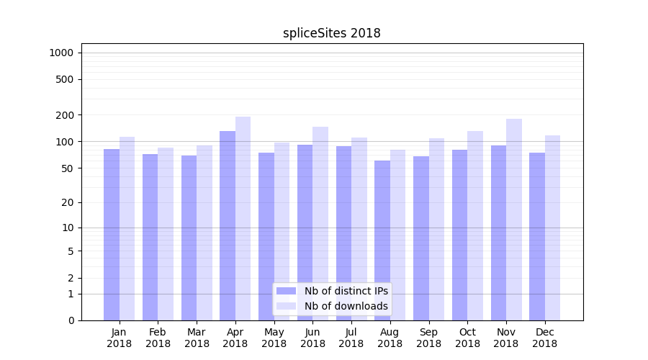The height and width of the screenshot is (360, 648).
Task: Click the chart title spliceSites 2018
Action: click(x=331, y=33)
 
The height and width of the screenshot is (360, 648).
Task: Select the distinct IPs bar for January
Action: click(x=112, y=234)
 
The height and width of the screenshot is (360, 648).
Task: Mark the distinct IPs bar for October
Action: click(x=459, y=235)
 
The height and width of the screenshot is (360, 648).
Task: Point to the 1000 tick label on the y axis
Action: click(x=61, y=53)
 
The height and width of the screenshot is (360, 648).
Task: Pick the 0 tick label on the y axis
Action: click(x=71, y=320)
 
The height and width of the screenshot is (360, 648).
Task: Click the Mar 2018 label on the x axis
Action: click(x=197, y=338)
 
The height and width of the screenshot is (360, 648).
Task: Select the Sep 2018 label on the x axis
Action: click(x=428, y=338)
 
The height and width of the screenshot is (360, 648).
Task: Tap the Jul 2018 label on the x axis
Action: click(x=351, y=338)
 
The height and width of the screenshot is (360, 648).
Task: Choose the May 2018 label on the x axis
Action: click(x=274, y=338)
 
